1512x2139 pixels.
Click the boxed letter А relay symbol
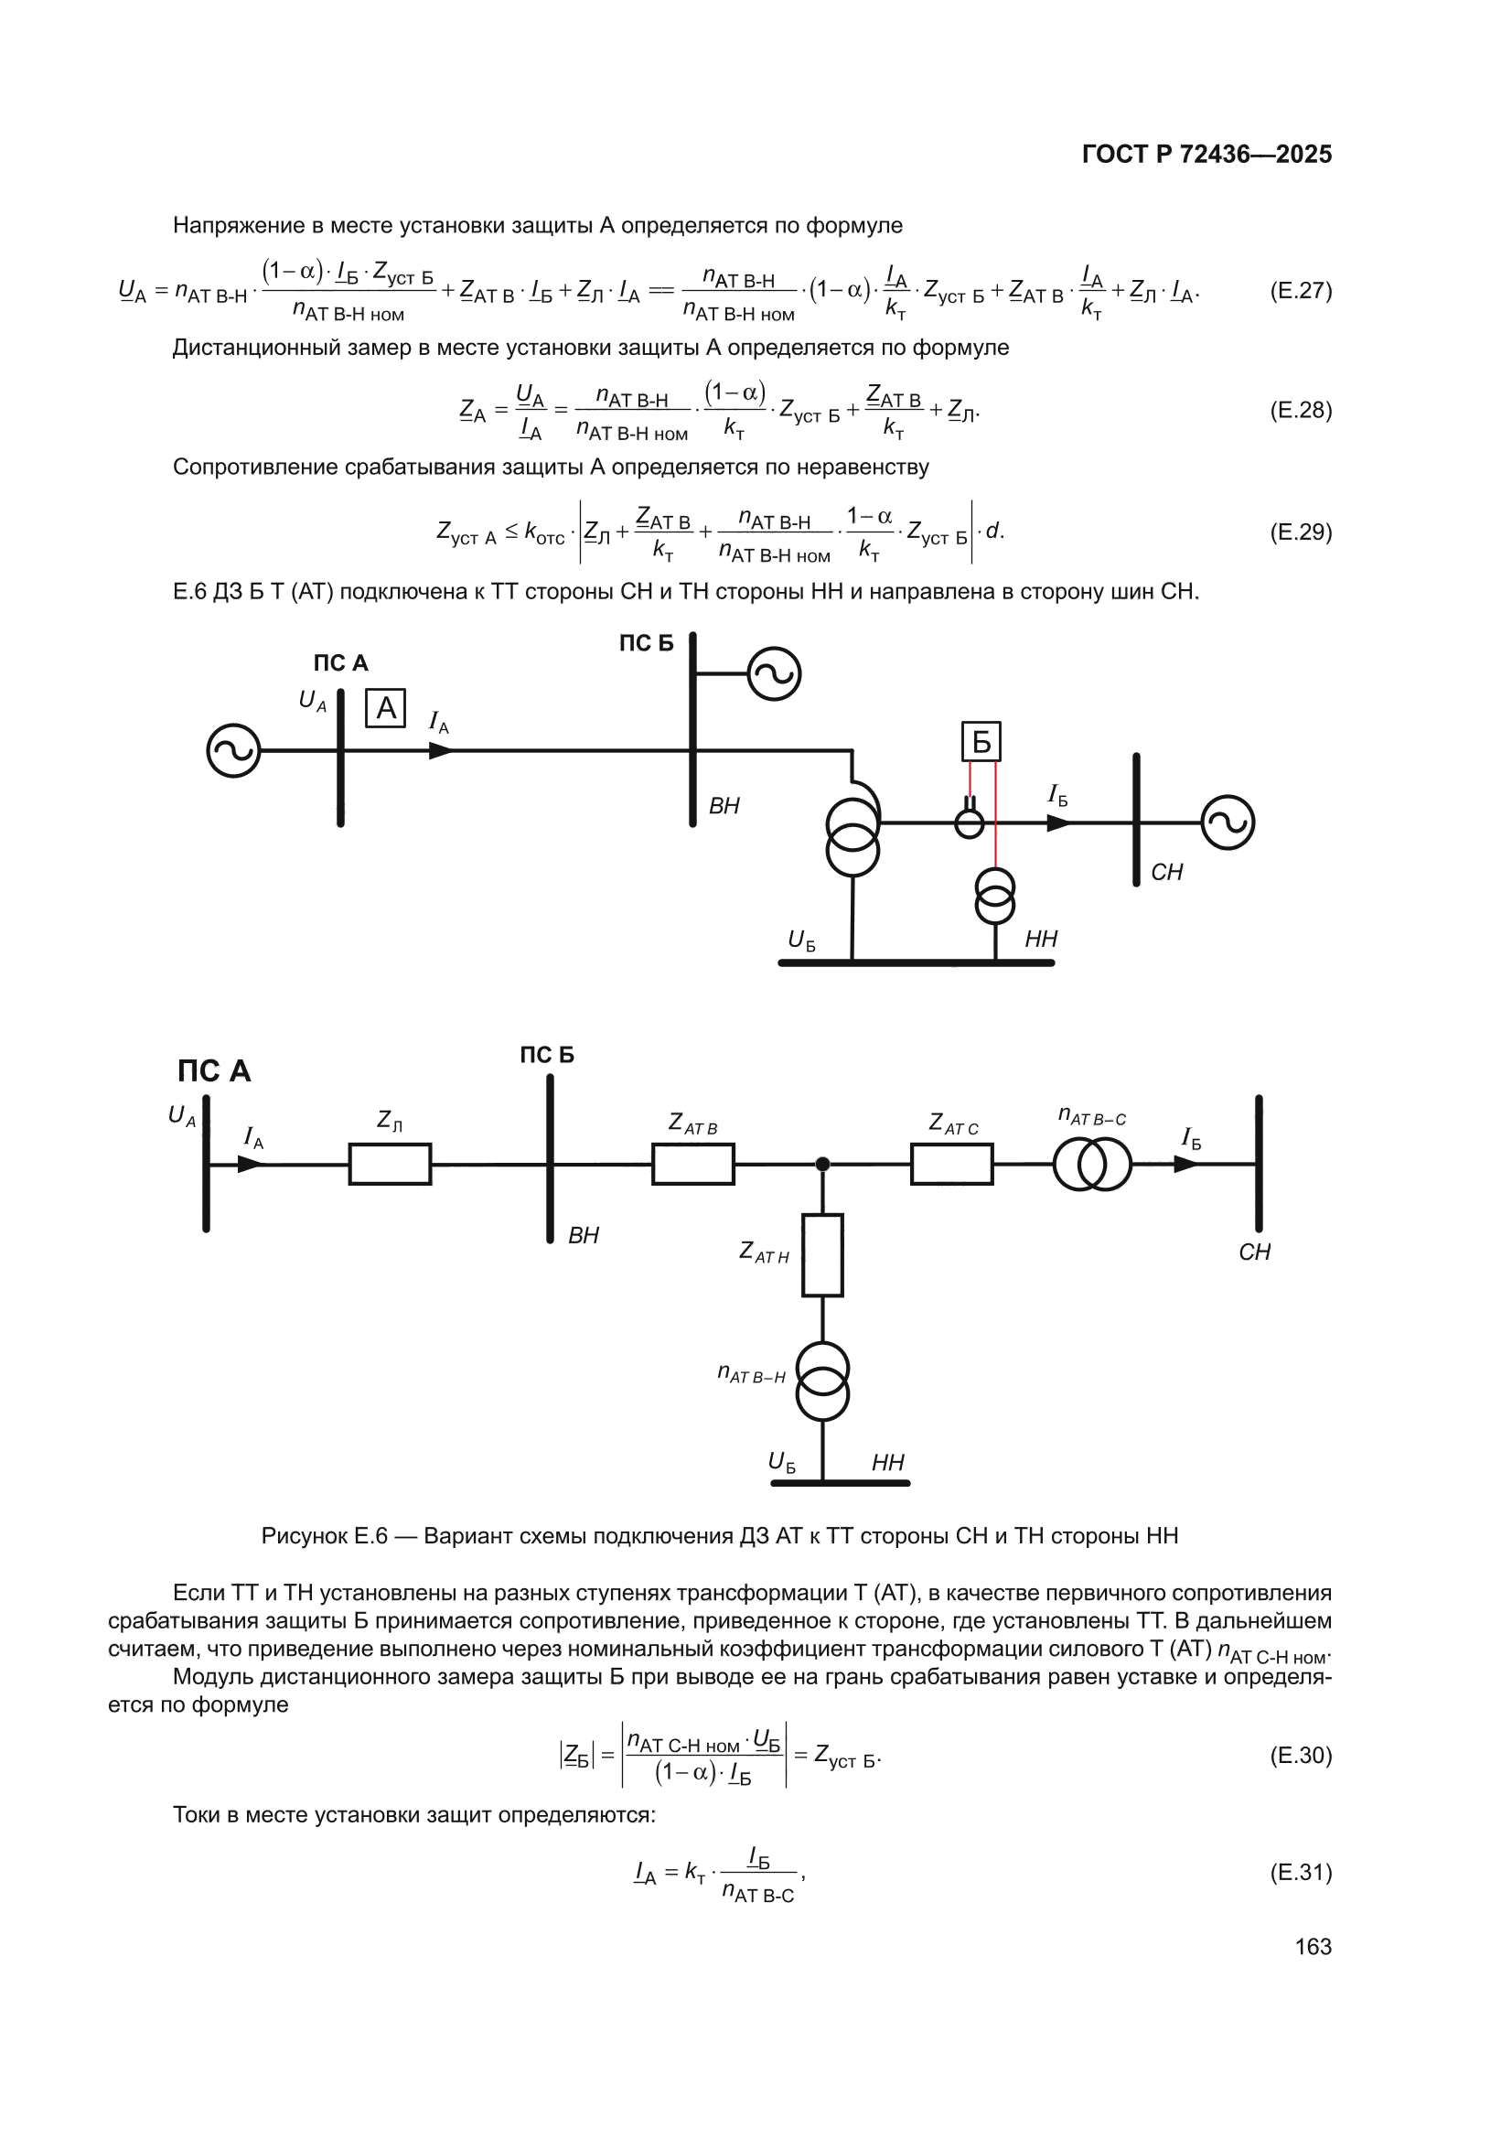[386, 708]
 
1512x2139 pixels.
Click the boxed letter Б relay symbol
[981, 742]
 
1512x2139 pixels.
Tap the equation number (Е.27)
[1301, 291]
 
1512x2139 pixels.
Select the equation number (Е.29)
[1301, 532]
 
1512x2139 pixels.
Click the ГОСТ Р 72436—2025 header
[1207, 154]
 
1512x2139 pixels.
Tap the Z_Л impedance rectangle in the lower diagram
[391, 1164]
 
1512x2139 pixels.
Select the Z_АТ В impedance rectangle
[693, 1164]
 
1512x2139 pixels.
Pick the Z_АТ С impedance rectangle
[952, 1164]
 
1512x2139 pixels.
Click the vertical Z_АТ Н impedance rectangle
[822, 1255]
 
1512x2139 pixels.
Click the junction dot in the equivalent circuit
[822, 1164]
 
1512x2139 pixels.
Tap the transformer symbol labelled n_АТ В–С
[1093, 1164]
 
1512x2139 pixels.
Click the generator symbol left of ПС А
[234, 750]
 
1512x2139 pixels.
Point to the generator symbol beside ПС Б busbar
[774, 673]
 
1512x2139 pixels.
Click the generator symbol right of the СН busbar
[1228, 822]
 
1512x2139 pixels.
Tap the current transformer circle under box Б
[970, 823]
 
